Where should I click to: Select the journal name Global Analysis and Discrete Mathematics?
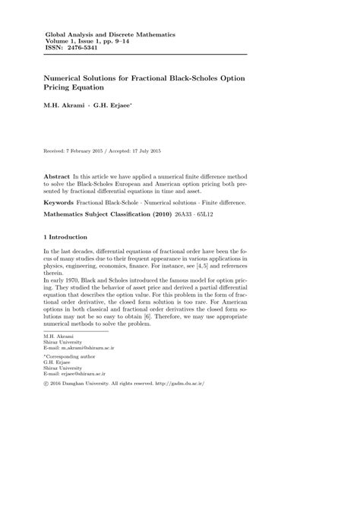tap(110, 34)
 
